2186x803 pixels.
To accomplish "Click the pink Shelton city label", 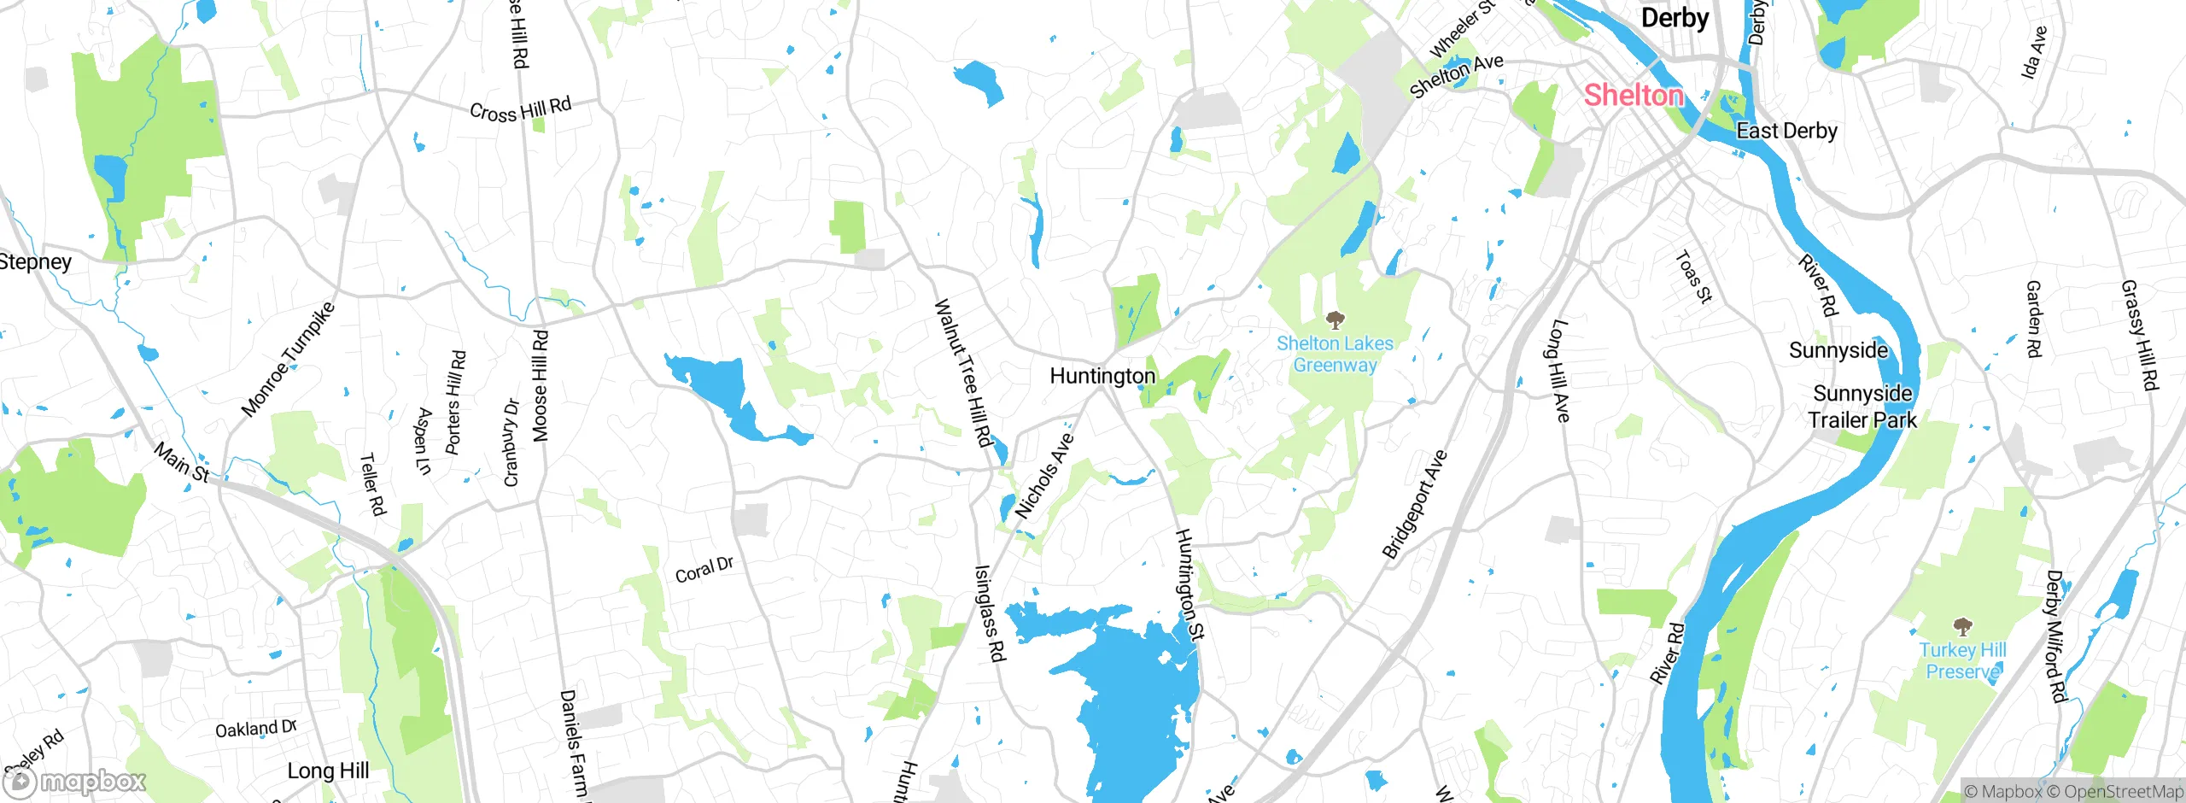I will pos(1633,95).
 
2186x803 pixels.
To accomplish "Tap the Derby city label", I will pos(1675,18).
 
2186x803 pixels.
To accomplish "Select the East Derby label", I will pos(1786,131).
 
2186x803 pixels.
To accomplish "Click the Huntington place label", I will pos(1102,376).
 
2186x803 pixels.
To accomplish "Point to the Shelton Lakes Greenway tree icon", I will pos(1335,321).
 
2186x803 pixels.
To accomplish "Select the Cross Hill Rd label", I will pos(520,110).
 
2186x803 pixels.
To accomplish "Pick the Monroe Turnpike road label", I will pos(288,360).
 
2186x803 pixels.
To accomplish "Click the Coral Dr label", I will pos(704,570).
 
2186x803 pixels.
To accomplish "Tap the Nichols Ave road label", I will pos(1043,476).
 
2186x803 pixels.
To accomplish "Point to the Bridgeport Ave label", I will pos(1414,504).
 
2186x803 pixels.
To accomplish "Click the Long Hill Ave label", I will pos(1558,370).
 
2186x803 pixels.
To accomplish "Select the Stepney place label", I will pos(34,261).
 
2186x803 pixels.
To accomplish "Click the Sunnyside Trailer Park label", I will pos(1862,407).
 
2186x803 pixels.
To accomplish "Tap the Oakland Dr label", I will pos(255,729).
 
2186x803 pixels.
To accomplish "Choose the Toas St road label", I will pos(1693,277).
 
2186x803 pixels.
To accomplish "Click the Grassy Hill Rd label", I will pos(2140,335).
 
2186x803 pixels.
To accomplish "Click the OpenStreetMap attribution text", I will pos(2123,792).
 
